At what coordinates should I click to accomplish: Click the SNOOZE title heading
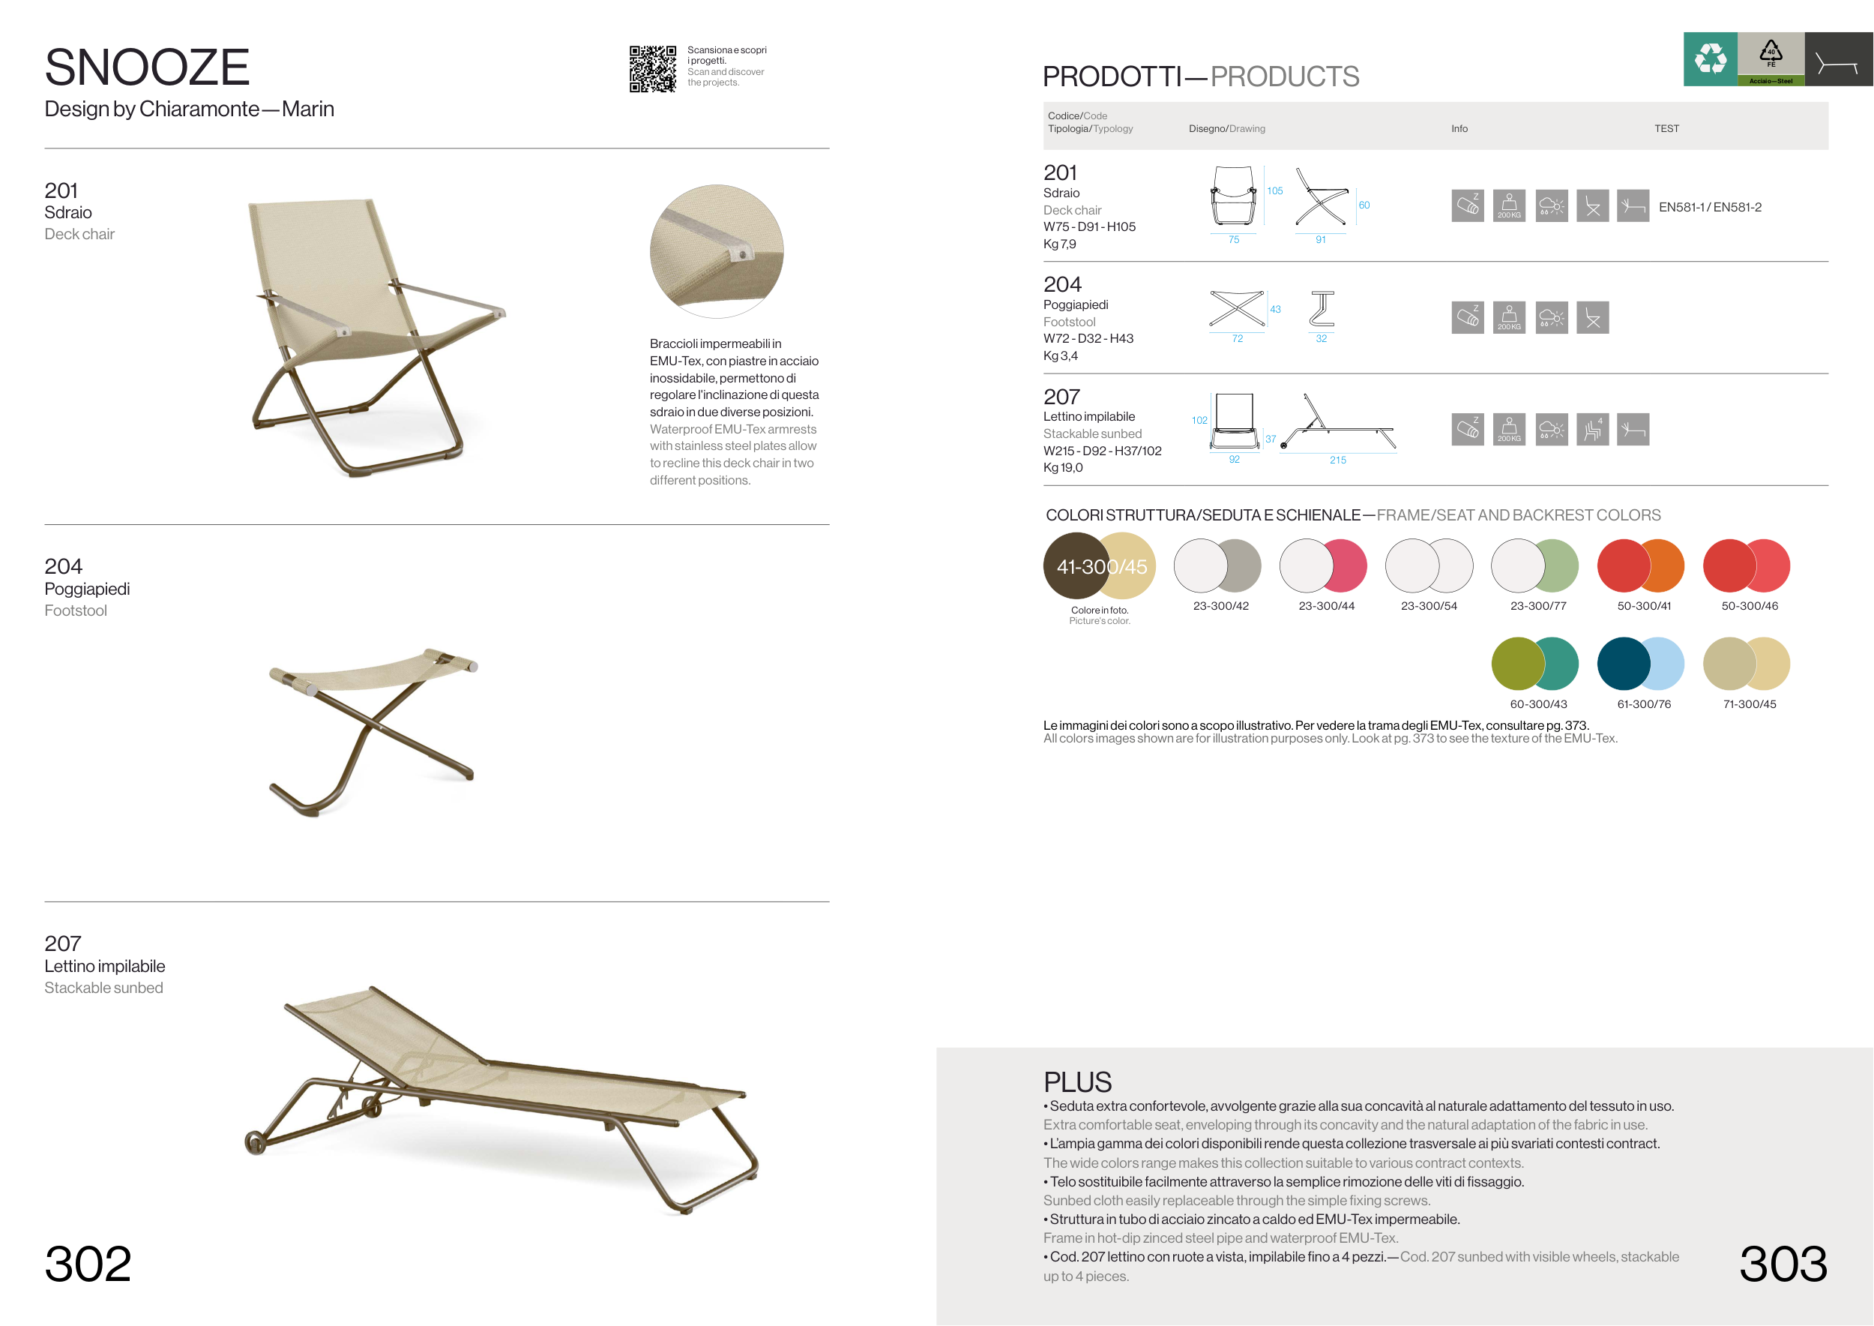[x=147, y=67]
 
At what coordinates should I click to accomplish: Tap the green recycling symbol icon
[x=1710, y=58]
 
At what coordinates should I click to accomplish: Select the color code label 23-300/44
[x=1326, y=606]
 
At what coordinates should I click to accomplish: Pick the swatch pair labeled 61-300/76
[x=1641, y=663]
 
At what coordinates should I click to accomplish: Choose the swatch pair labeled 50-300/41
[x=1641, y=565]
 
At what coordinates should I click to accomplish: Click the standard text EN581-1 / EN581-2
[x=1710, y=208]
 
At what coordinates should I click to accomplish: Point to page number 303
[x=1783, y=1263]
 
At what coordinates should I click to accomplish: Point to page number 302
[x=88, y=1263]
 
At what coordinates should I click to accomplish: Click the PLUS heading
[x=1077, y=1081]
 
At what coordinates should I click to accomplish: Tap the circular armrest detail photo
[x=717, y=251]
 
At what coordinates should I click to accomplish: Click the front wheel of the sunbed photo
[x=255, y=1143]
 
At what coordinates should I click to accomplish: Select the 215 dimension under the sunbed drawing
[x=1338, y=460]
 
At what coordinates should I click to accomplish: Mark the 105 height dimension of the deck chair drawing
[x=1275, y=191]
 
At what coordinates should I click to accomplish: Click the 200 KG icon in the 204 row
[x=1509, y=317]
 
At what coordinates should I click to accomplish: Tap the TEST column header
[x=1666, y=129]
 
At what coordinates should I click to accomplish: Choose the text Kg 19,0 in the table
[x=1063, y=468]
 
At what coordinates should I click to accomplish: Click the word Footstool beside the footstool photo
[x=76, y=610]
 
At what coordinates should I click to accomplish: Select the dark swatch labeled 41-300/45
[x=1074, y=565]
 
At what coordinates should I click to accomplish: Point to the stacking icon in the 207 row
[x=1592, y=430]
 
